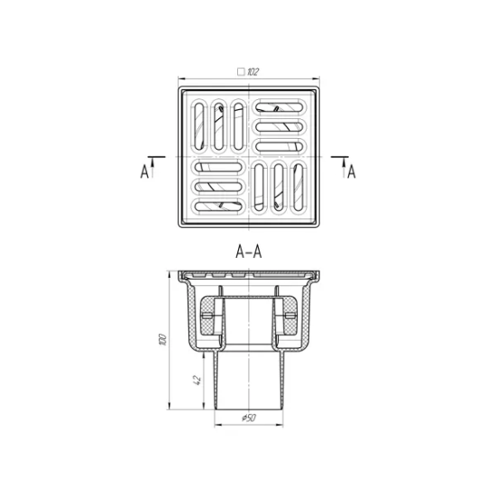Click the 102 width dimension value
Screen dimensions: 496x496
point(253,72)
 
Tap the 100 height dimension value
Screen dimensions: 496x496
point(162,339)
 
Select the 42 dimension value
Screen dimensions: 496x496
point(197,380)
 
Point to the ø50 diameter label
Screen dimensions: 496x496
point(249,418)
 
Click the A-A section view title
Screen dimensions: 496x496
point(249,253)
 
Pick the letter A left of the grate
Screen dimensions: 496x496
point(144,171)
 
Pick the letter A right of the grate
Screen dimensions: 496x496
point(352,171)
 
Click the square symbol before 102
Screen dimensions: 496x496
point(241,72)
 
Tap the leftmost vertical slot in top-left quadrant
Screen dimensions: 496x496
point(199,126)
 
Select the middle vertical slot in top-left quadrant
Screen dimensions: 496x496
point(219,126)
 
